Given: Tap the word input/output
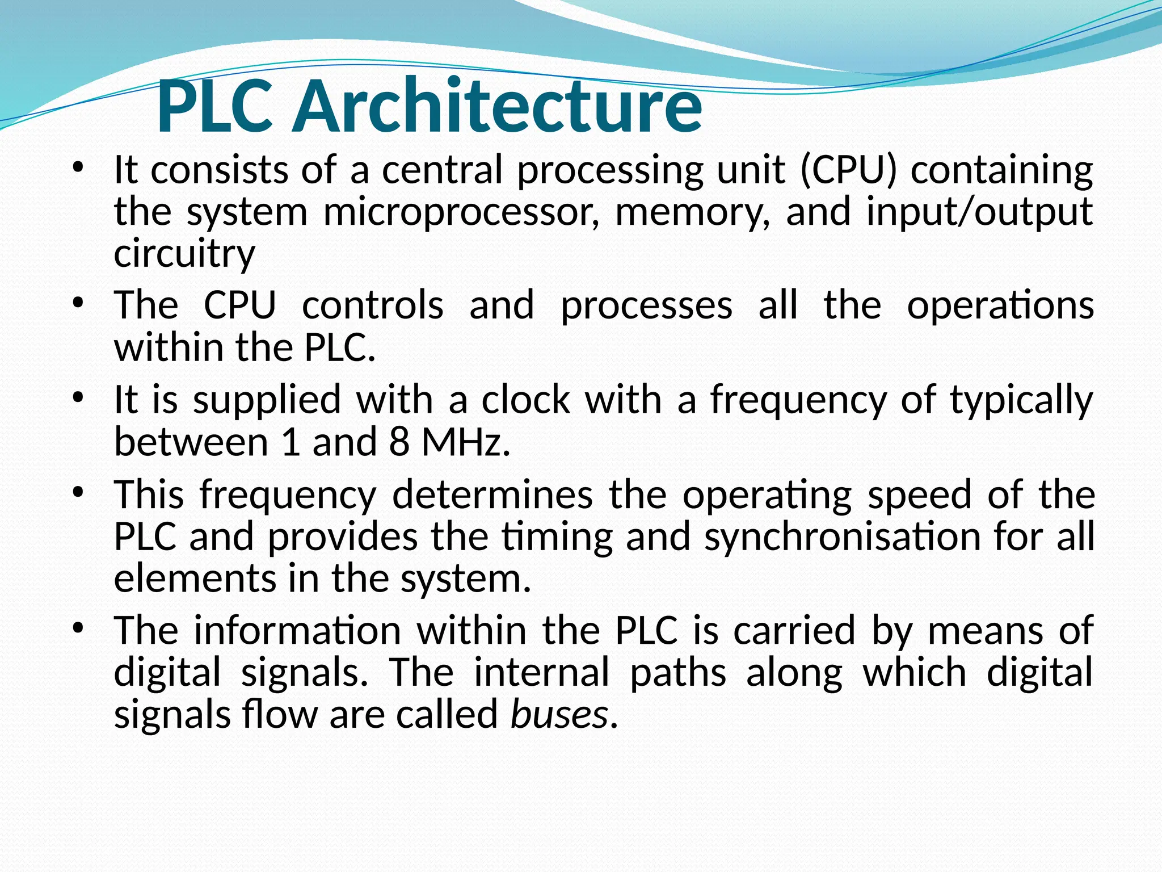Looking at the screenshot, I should tap(979, 212).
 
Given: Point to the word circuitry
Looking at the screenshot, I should tap(184, 253).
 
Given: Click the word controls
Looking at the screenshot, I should tap(373, 305).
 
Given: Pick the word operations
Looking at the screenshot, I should tap(1000, 305).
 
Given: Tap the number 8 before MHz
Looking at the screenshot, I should tap(399, 442).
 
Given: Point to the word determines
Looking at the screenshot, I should tap(492, 494).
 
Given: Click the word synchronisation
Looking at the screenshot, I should tap(843, 536).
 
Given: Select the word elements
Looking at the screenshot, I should tap(193, 578).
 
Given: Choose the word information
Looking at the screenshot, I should tap(298, 631).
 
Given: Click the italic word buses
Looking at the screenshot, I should tap(559, 714).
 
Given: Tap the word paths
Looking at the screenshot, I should tap(678, 673).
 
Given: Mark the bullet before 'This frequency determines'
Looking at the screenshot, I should tap(78, 492).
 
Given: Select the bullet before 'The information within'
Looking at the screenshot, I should tap(78, 628).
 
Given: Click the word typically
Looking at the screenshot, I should tap(1021, 400).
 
